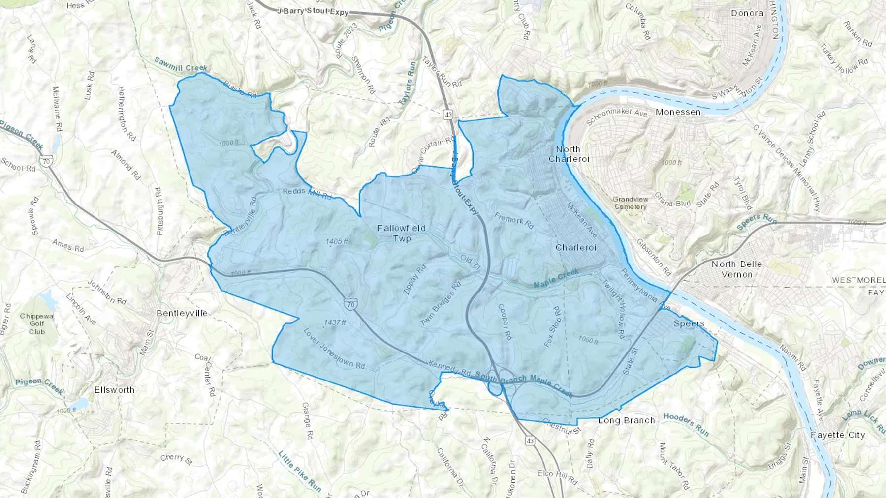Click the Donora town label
[x=747, y=13]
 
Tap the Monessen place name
[x=678, y=112]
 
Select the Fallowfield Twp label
[x=401, y=233]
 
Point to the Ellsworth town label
[x=114, y=390]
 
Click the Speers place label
[x=689, y=323]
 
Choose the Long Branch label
[x=627, y=420]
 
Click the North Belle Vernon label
[x=736, y=269]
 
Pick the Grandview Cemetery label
[x=630, y=203]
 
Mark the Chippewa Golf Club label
[x=36, y=324]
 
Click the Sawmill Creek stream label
[x=180, y=64]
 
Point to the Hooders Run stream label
[x=686, y=424]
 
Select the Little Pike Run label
[x=300, y=471]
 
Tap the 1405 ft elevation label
[x=337, y=241]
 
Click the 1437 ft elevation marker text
[x=335, y=322]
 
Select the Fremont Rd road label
[x=514, y=220]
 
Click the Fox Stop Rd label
[x=553, y=327]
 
